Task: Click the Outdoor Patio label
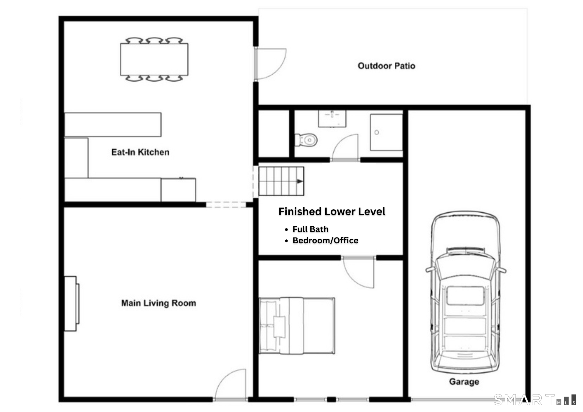coord(386,66)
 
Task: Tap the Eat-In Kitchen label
coord(140,152)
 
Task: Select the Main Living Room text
coord(159,303)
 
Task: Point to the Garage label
coord(464,382)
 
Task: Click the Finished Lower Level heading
coord(332,211)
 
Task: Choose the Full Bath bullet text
coord(310,229)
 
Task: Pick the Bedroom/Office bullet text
coord(325,240)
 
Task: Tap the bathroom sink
coord(332,119)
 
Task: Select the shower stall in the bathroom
coord(386,132)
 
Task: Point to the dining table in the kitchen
coord(154,59)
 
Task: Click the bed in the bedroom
coord(297,326)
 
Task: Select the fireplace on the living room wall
coord(72,303)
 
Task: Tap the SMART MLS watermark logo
coord(535,400)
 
